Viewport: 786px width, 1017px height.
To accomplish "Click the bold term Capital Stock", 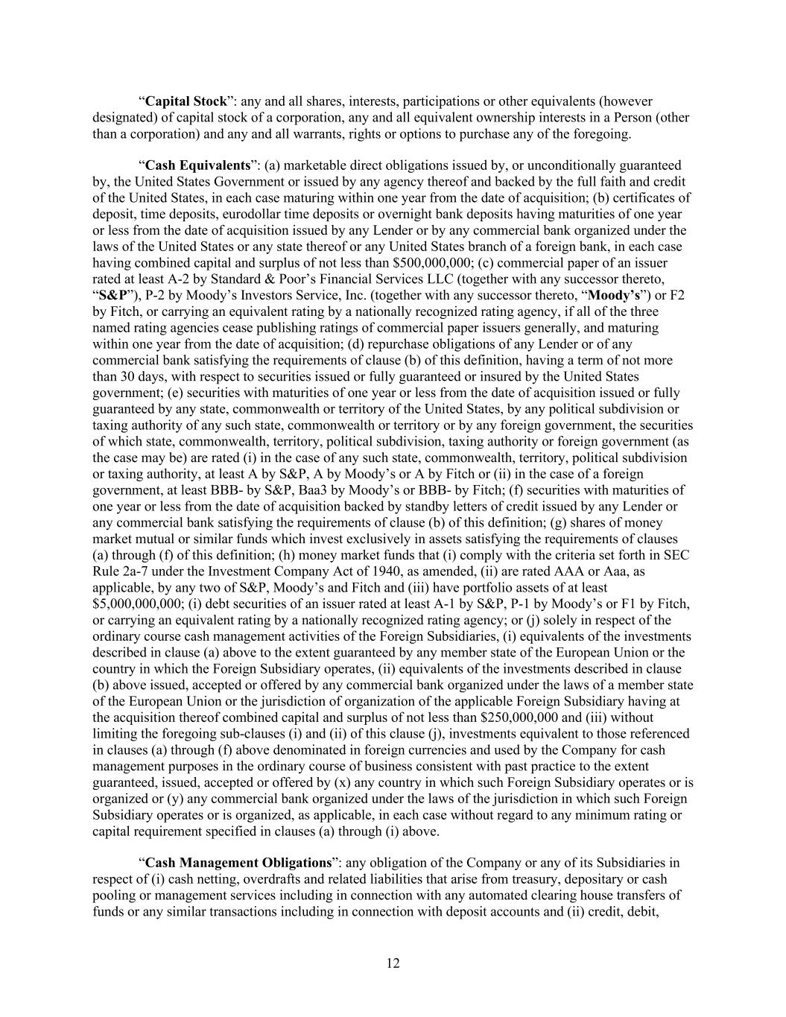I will pos(186,101).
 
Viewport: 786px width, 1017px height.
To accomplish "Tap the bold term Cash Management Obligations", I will pos(238,863).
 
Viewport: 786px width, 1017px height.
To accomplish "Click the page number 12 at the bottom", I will pos(393,963).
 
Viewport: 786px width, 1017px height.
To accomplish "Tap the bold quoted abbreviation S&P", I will pos(112,296).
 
